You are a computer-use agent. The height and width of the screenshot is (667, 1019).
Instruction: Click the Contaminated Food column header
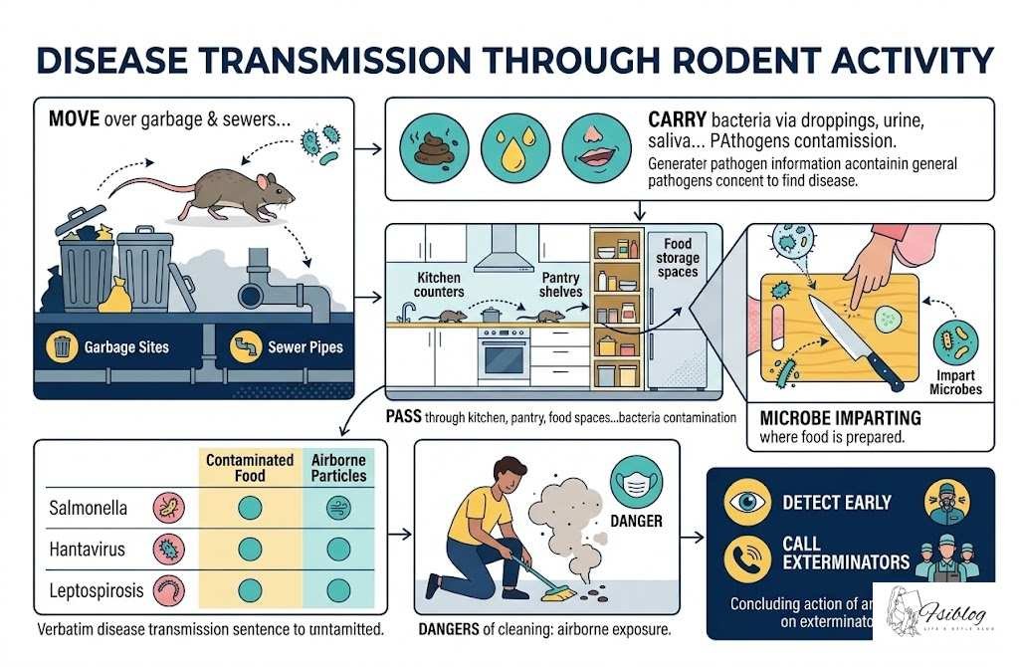coord(249,468)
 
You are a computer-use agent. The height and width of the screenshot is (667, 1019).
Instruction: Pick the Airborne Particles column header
coord(338,468)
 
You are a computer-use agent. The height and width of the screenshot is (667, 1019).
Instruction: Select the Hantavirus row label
coord(89,550)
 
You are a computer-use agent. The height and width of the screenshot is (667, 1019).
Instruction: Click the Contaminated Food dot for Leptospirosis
coord(250,589)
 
